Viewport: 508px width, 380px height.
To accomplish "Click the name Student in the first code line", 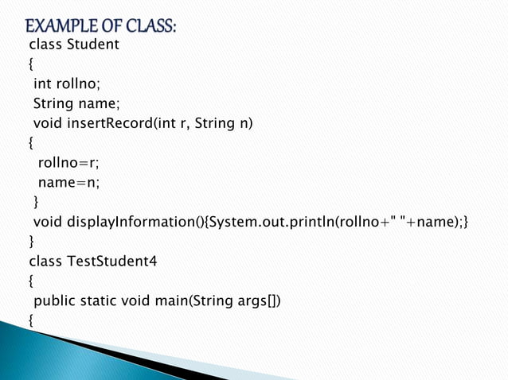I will click(92, 45).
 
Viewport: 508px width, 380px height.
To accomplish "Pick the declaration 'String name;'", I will click(75, 103).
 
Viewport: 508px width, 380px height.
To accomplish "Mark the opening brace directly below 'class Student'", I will click(31, 64).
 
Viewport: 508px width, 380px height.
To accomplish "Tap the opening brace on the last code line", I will click(31, 320).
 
